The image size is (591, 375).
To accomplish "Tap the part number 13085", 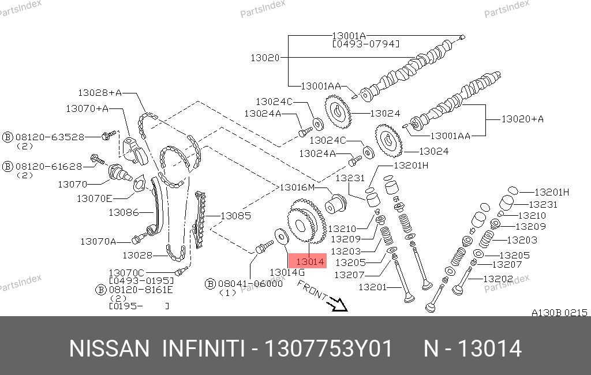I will pyautogui.click(x=237, y=216).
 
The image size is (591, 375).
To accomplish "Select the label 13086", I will pyautogui.click(x=124, y=212).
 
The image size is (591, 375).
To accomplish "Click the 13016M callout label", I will pyautogui.click(x=297, y=187).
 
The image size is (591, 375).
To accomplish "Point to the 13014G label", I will pyautogui.click(x=287, y=272).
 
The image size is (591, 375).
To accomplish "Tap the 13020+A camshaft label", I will pyautogui.click(x=522, y=119).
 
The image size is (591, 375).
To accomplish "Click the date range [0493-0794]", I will pyautogui.click(x=366, y=44).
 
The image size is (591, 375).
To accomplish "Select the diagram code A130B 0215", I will pyautogui.click(x=559, y=313).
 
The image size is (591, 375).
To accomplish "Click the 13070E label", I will pyautogui.click(x=95, y=198).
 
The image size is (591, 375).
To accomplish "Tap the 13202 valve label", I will pyautogui.click(x=498, y=278).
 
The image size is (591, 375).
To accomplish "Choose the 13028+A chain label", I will pyautogui.click(x=100, y=92).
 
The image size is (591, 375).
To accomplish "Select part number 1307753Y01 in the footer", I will pyautogui.click(x=328, y=349).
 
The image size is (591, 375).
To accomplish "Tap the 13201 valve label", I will pyautogui.click(x=373, y=287).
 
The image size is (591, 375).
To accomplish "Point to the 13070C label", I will pyautogui.click(x=126, y=272).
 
